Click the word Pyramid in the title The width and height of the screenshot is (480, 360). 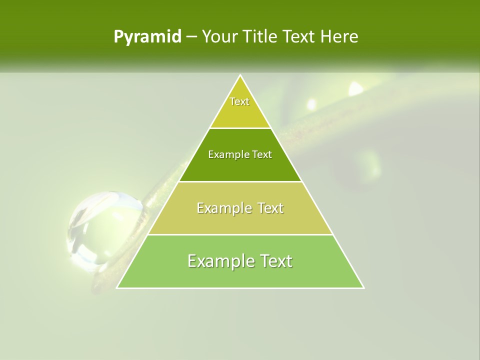[x=147, y=37]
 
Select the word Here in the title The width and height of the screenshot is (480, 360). [x=339, y=37]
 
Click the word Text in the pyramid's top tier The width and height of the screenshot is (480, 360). [x=239, y=101]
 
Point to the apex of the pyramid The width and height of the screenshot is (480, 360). [x=240, y=75]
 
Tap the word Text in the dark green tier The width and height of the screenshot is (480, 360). [x=262, y=155]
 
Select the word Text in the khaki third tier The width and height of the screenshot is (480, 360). [x=270, y=208]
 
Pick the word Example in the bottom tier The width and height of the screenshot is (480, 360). [x=218, y=261]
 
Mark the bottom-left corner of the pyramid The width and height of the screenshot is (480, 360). [x=117, y=287]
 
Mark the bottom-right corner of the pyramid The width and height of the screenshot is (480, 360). [x=363, y=287]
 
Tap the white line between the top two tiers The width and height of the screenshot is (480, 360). [x=240, y=128]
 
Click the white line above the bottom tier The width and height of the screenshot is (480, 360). [x=240, y=234]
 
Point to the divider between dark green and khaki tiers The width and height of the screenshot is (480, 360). [x=240, y=181]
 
